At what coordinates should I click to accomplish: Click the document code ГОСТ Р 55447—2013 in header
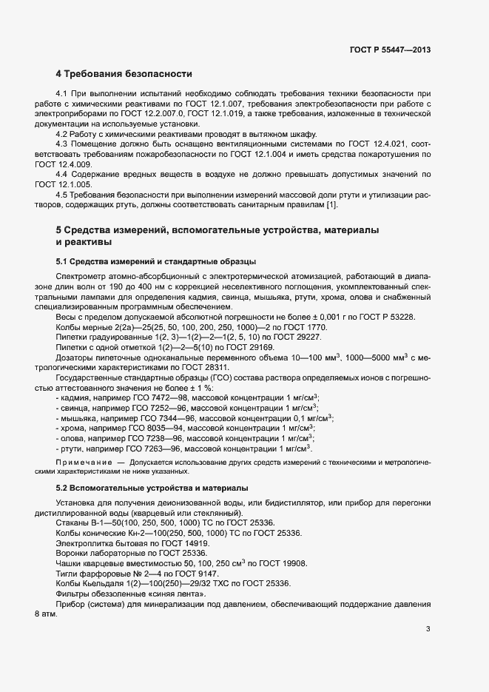coord(390,50)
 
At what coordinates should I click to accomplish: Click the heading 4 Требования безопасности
coord(124,74)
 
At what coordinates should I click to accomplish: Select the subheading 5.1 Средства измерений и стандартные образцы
coord(156,262)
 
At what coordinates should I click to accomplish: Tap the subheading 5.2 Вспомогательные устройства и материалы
coord(152,488)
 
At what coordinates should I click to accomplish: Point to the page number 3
coord(428,630)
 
